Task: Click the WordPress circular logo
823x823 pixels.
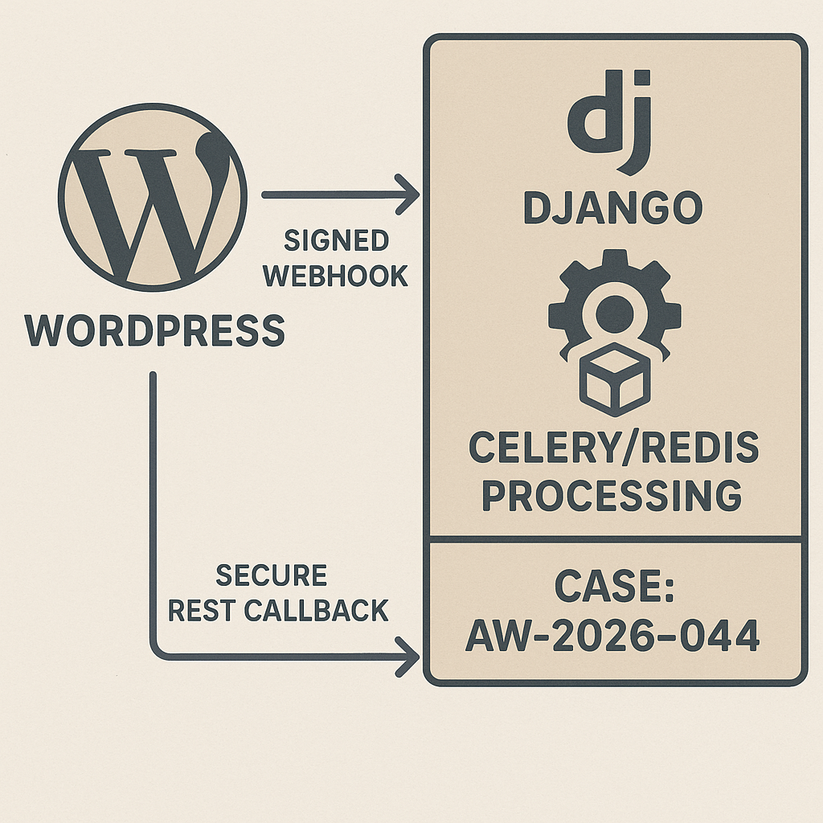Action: [x=153, y=197]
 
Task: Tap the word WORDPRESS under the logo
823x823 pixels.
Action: [x=156, y=330]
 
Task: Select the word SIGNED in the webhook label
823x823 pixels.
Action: [x=336, y=240]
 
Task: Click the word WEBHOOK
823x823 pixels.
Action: [x=336, y=276]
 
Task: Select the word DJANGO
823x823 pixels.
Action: [x=613, y=209]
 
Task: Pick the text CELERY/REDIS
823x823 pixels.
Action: [x=613, y=448]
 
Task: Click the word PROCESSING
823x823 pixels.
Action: [x=613, y=496]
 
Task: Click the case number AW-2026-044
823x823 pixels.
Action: [x=613, y=638]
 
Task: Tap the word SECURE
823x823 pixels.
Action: [x=272, y=575]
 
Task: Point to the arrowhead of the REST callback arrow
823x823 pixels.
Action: [x=411, y=660]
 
